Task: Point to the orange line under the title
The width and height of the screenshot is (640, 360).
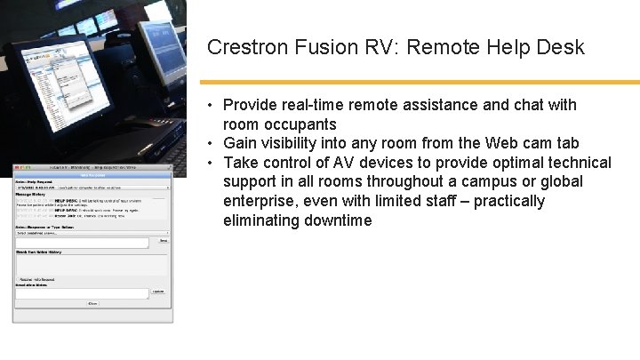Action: pos(418,82)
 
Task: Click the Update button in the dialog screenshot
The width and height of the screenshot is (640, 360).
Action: pos(158,291)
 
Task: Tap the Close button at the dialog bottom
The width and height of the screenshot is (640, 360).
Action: pos(92,303)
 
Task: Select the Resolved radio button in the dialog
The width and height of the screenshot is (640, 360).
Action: pos(19,278)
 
